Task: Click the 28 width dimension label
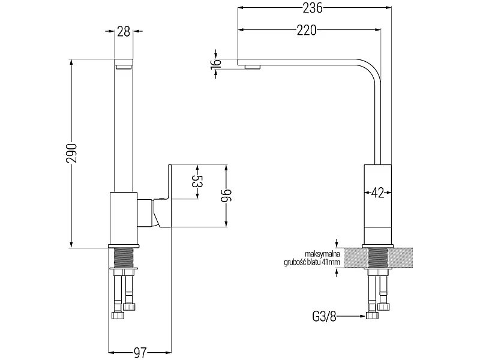pos(124,32)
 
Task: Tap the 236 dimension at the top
pos(313,8)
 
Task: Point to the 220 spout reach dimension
pos(307,30)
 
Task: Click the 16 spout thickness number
pos(216,64)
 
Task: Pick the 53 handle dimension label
pos(197,182)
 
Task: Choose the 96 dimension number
pos(227,196)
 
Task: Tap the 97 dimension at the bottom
pos(140,352)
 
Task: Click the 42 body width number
pos(377,193)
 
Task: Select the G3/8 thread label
pos(324,317)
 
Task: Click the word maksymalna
pos(323,254)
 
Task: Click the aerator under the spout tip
pos(253,67)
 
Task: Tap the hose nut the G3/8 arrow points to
pos(371,316)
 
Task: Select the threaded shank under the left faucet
pos(124,258)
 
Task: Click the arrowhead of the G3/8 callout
pos(364,316)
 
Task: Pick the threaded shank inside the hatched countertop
pos(378,258)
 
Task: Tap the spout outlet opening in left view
pos(124,66)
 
